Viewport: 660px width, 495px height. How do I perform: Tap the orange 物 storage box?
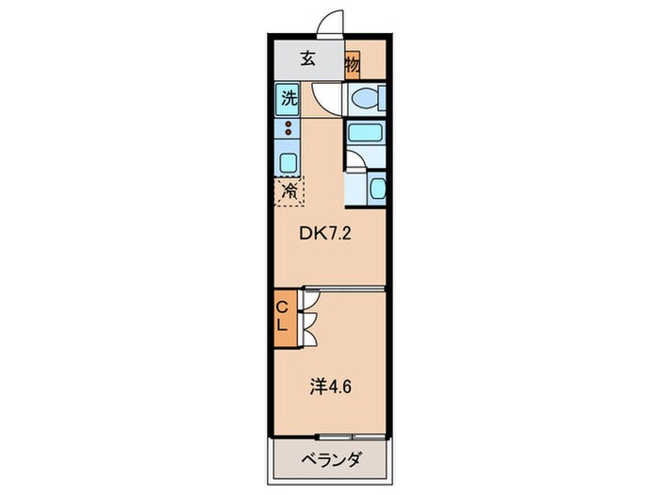(x=352, y=65)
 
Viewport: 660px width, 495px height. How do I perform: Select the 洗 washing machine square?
(x=289, y=96)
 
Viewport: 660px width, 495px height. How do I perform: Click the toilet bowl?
(x=364, y=99)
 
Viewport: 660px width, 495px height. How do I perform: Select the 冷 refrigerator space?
(x=289, y=191)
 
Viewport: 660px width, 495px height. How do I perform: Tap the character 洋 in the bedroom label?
(x=316, y=386)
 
